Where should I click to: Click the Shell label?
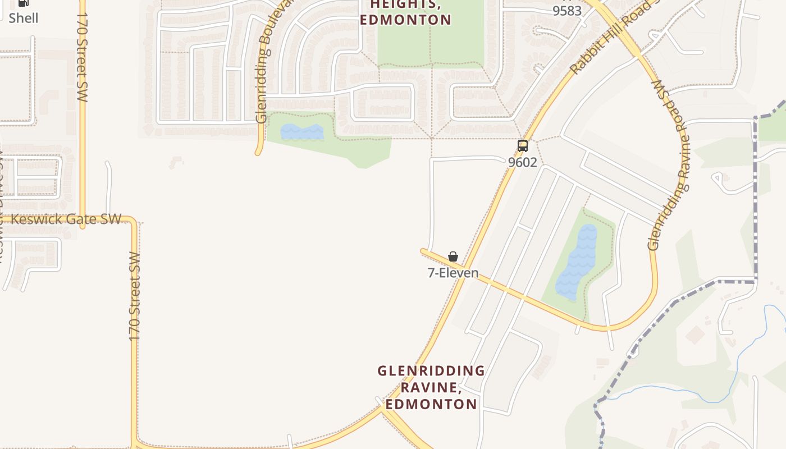coord(24,18)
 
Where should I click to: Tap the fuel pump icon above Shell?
coord(23,3)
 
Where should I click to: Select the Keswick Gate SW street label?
coord(66,219)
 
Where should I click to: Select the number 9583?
coord(566,11)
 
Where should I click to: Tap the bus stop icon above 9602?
coord(523,146)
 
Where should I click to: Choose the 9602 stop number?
coord(523,162)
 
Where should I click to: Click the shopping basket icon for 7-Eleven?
coord(453,256)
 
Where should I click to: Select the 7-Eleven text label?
coord(453,273)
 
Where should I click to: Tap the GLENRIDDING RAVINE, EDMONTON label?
coord(431,387)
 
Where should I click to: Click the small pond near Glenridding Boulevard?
coord(302,132)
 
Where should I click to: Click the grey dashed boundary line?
coord(755,196)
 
